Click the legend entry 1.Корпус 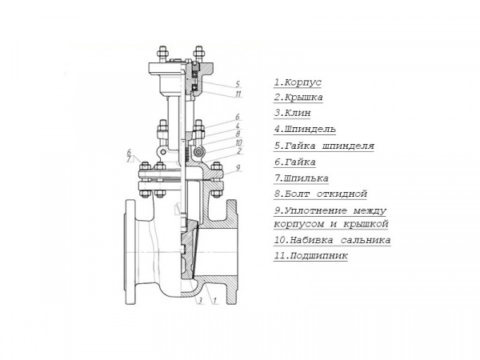[298, 82]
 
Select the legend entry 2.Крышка [298, 98]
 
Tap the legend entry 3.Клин [292, 113]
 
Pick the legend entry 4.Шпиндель [305, 129]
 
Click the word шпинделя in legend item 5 [348, 146]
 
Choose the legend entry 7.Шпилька [302, 178]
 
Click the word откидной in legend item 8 [342, 194]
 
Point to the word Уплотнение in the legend [316, 210]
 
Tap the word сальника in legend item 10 [366, 240]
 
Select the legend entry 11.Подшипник [310, 256]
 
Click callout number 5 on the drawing [238, 83]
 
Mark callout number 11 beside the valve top [238, 94]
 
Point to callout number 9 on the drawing [238, 168]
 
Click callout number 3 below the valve [200, 301]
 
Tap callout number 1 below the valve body [215, 301]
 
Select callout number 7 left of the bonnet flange [129, 159]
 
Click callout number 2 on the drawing [239, 150]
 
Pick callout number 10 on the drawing [238, 142]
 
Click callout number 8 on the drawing [238, 134]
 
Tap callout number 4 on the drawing [238, 126]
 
